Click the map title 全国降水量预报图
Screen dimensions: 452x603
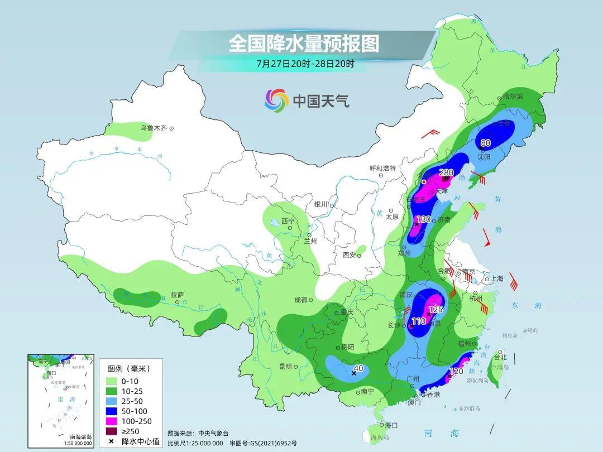(304, 43)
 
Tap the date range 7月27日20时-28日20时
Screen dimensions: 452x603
(305, 63)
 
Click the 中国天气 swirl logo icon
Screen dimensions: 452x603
(276, 100)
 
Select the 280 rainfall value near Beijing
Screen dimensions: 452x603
(446, 172)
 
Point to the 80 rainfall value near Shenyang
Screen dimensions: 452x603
(485, 143)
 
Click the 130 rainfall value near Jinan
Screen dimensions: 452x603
(424, 219)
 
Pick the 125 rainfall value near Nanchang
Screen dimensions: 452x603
(435, 309)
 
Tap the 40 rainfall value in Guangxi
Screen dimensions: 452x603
(358, 368)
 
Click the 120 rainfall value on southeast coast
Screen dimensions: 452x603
(456, 371)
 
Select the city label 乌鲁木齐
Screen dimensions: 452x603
(154, 128)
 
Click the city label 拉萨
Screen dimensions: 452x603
(177, 295)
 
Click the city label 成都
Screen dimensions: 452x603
(301, 300)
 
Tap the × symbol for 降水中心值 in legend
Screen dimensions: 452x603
(112, 441)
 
